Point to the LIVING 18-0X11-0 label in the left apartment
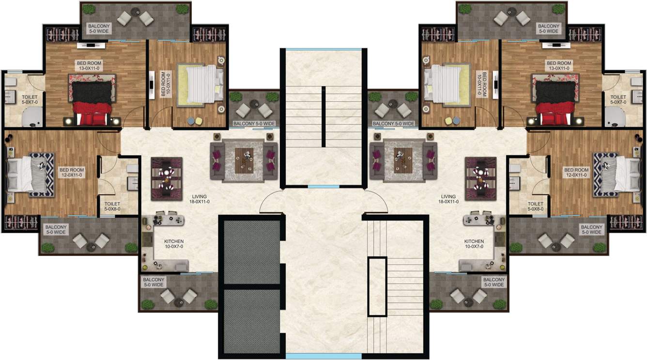(x=200, y=199)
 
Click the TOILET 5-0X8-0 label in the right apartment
(x=535, y=207)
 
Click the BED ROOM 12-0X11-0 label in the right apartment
(x=576, y=173)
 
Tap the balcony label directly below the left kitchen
(x=154, y=282)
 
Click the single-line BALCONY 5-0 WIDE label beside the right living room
(x=393, y=124)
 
